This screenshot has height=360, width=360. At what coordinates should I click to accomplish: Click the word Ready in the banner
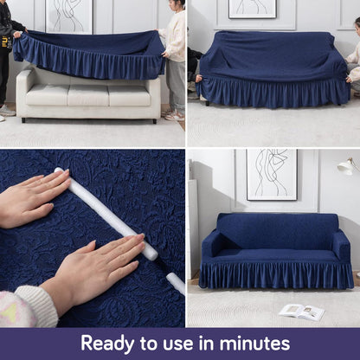coord(112,343)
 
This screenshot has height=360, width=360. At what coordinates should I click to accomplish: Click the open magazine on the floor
coord(302,312)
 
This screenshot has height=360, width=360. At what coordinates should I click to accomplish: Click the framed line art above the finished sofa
coord(272,173)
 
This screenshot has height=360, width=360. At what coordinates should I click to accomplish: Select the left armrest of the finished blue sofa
coord(212,247)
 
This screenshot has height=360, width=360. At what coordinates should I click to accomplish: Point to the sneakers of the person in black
coord(7,111)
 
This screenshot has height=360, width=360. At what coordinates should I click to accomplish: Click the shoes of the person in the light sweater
coord(173,115)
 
